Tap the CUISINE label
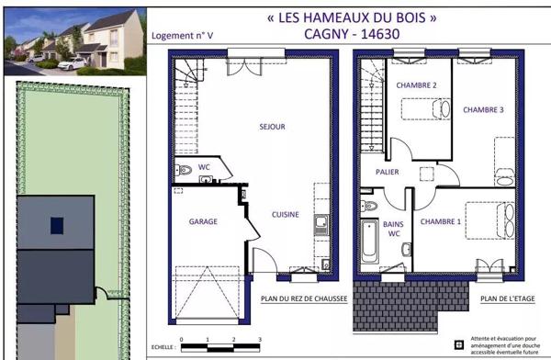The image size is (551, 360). (x=285, y=214)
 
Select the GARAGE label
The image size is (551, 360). (x=202, y=221)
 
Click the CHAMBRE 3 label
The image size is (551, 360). (x=483, y=109)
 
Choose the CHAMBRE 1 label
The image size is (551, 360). (x=441, y=221)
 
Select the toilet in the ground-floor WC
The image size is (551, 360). (x=185, y=169)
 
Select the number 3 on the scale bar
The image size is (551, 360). (x=235, y=341)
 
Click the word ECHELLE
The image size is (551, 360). (x=163, y=348)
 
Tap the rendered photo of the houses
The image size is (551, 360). (x=73, y=42)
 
